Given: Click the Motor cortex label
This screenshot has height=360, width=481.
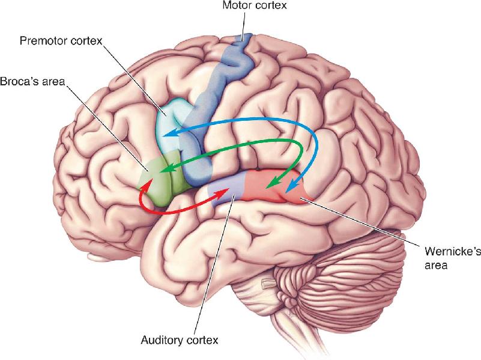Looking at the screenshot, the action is [254, 5].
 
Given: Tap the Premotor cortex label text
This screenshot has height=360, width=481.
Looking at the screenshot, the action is [61, 41].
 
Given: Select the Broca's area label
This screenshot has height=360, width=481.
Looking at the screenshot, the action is [32, 82].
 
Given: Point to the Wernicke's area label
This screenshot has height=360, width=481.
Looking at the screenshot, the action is [453, 258].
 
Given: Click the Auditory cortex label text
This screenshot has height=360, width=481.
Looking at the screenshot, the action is [180, 340].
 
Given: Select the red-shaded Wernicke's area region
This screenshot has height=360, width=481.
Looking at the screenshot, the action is [273, 186].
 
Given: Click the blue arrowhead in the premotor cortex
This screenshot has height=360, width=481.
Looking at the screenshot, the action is [171, 133].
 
